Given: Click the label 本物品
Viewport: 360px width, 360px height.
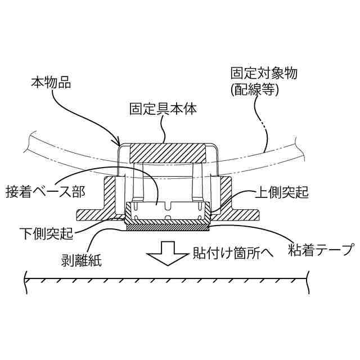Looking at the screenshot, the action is click(x=50, y=83).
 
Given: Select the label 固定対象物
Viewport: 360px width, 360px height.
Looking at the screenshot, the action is click(x=260, y=74).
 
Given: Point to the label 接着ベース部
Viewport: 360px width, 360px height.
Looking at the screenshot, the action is click(x=45, y=191).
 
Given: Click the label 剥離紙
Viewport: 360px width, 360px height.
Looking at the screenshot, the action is click(x=80, y=260).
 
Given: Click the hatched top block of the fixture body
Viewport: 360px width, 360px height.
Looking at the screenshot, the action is click(x=168, y=152).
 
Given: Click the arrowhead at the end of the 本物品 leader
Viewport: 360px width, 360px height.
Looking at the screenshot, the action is click(x=120, y=143).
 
